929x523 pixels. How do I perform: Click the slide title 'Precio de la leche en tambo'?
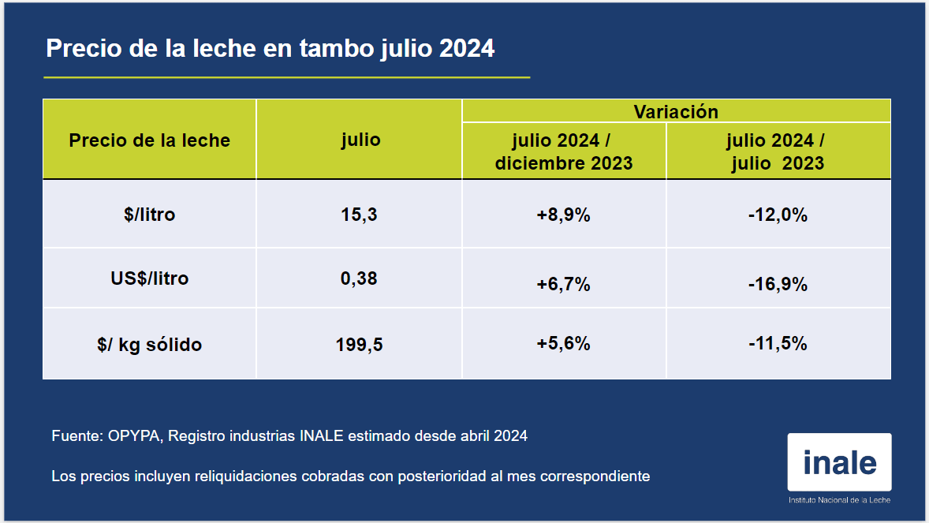pyautogui.click(x=270, y=48)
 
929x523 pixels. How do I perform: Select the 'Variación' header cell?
pyautogui.click(x=676, y=111)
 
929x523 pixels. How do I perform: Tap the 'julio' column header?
pyautogui.click(x=360, y=140)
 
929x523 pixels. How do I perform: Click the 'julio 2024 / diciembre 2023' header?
pyautogui.click(x=563, y=151)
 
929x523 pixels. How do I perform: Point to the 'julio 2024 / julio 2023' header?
pyautogui.click(x=777, y=151)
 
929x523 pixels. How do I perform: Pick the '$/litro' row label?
pyautogui.click(x=149, y=214)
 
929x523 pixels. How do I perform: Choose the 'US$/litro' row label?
pyautogui.click(x=149, y=278)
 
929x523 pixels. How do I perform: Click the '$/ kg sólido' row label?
pyautogui.click(x=149, y=345)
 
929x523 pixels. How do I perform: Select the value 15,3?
pyautogui.click(x=360, y=214)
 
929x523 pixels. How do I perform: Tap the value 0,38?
pyautogui.click(x=360, y=278)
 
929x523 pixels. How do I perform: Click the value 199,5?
pyautogui.click(x=360, y=345)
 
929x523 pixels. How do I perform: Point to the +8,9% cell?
pyautogui.click(x=563, y=215)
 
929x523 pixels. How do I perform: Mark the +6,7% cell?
pyautogui.click(x=563, y=284)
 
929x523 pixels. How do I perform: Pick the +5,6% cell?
pyautogui.click(x=563, y=343)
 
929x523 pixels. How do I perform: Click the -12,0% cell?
pyautogui.click(x=778, y=215)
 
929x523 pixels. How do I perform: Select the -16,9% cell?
pyautogui.click(x=778, y=284)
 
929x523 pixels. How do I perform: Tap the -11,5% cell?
pyautogui.click(x=778, y=343)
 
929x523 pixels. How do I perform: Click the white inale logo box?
pyautogui.click(x=839, y=462)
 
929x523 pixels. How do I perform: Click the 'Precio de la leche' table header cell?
pyautogui.click(x=149, y=140)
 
